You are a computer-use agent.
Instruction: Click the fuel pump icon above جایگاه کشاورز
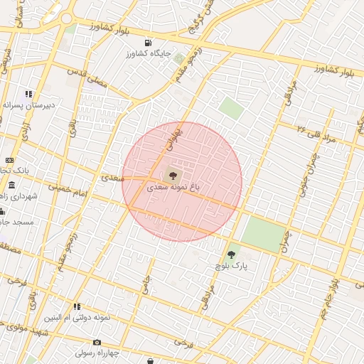click(x=148, y=43)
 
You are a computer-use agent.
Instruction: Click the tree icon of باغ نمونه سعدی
click(x=171, y=175)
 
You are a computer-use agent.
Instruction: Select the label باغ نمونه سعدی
click(x=173, y=188)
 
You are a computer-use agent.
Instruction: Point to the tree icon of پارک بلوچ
click(x=231, y=254)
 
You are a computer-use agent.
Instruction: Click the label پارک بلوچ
click(x=231, y=265)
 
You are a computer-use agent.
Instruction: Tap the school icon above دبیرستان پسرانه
click(x=29, y=94)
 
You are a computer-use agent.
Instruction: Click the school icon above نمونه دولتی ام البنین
click(x=77, y=306)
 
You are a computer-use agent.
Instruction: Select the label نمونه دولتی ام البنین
click(x=77, y=317)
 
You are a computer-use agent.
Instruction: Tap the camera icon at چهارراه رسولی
click(x=97, y=342)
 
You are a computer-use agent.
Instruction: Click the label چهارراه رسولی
click(x=98, y=352)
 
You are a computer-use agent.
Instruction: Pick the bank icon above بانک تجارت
click(x=9, y=160)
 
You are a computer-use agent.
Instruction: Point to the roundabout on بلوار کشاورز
click(x=67, y=18)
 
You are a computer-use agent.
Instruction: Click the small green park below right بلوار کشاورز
click(x=230, y=108)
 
